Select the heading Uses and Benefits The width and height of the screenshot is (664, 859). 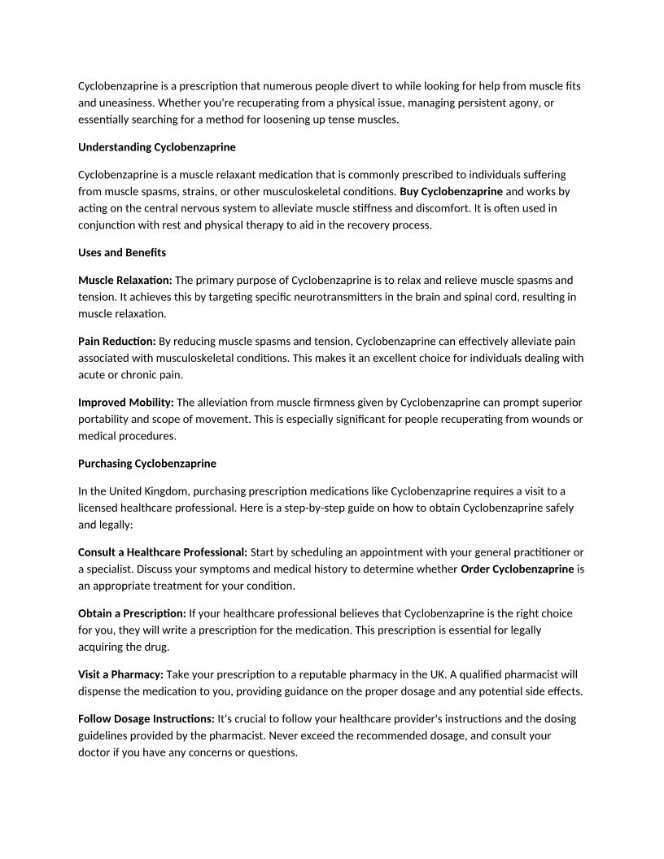[x=122, y=252]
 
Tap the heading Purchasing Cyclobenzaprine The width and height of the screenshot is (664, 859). [x=147, y=464]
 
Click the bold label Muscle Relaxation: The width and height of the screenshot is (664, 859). [x=125, y=280]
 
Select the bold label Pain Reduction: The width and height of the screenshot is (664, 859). [x=117, y=341]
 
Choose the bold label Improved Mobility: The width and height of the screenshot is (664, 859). [x=126, y=402]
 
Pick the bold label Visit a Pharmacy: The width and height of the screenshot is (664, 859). [x=121, y=674]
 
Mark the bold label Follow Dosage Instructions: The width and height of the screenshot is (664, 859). [x=146, y=719]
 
